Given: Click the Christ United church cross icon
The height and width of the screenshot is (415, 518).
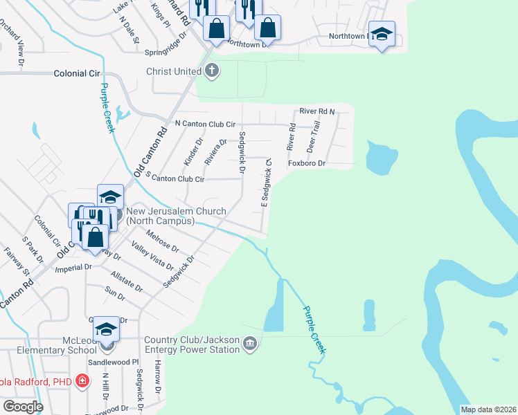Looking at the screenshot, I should [212, 71].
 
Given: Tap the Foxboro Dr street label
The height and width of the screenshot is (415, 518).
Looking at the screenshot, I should [307, 164].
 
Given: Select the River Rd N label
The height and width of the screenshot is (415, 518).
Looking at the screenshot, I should [317, 111].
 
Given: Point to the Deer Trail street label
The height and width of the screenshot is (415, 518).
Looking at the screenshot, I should [315, 136].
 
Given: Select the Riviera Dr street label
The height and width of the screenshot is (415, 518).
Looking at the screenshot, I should [215, 151].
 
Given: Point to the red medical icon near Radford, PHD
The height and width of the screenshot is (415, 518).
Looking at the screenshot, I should [82, 380].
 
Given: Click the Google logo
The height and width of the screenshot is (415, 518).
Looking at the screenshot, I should [22, 407].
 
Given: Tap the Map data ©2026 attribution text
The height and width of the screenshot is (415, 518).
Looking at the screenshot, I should [488, 409].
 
